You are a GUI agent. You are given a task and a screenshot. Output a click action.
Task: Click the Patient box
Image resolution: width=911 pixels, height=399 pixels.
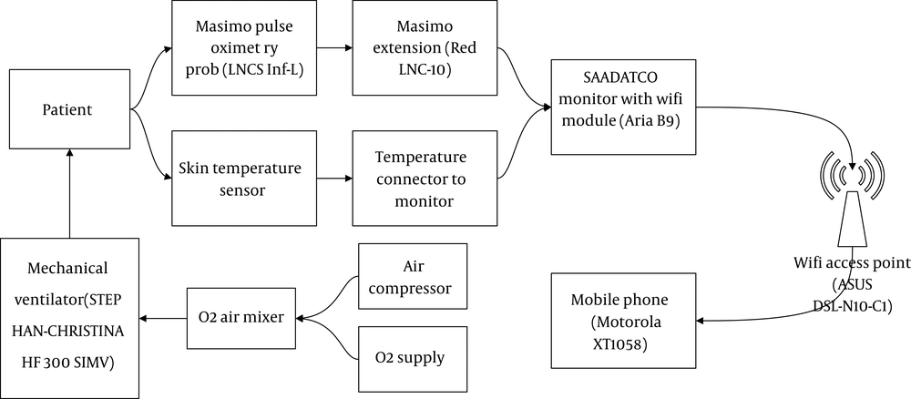[69, 111]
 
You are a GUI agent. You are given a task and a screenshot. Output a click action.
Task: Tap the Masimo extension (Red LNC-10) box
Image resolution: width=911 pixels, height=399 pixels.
[424, 49]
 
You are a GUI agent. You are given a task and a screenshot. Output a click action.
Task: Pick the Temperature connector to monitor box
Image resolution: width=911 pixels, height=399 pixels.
[424, 179]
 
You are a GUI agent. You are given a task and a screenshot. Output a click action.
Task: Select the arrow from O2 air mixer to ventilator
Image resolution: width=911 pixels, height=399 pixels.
[162, 318]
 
